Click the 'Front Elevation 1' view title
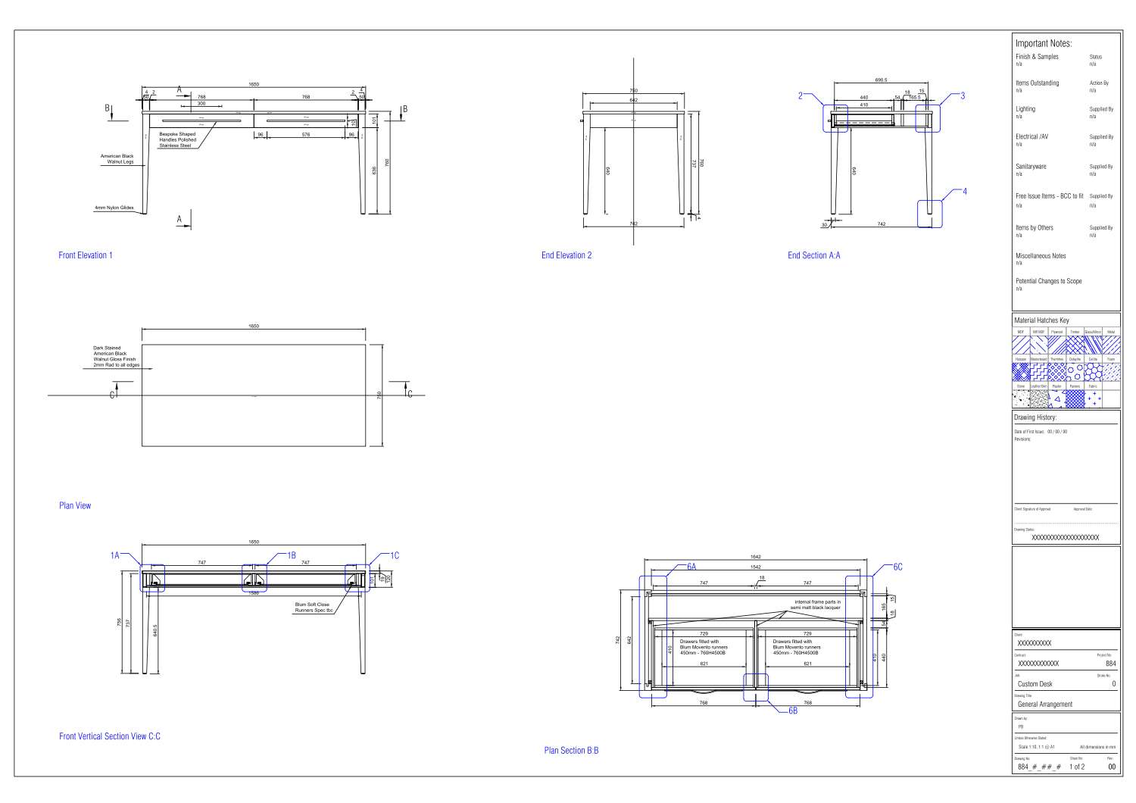coord(86,255)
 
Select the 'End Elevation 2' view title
coord(566,255)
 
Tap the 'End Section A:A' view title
coord(813,255)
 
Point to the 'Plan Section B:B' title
coord(571,751)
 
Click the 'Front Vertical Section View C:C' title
coord(110,736)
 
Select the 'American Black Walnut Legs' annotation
coord(117,159)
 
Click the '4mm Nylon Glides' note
coord(114,208)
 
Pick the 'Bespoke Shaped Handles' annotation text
coord(177,139)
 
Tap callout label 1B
coord(292,555)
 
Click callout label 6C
coord(897,567)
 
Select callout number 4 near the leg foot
coord(964,192)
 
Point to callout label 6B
coord(792,711)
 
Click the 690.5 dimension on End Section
coord(881,80)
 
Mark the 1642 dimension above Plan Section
coord(755,557)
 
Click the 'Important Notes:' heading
coord(1043,44)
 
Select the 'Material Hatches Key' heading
coord(1041,320)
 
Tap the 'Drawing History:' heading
coord(1035,417)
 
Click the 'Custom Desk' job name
coord(1035,684)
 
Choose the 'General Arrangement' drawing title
coord(1044,705)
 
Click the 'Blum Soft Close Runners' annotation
coord(314,608)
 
